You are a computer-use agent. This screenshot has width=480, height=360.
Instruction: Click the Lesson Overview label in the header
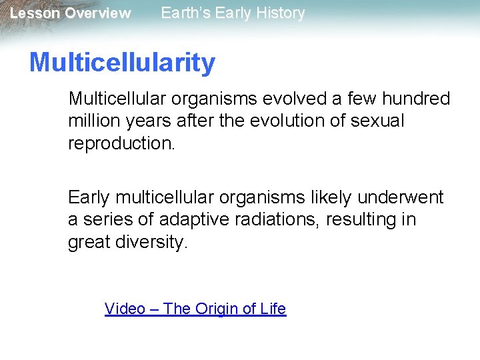tap(70, 13)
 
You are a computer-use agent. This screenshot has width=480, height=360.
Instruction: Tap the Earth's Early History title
tap(233, 13)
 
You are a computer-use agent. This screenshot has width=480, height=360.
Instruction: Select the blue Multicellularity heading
tap(122, 63)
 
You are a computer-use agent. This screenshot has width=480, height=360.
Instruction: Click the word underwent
tap(400, 198)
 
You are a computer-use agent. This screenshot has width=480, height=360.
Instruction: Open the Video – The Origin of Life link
tap(195, 309)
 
